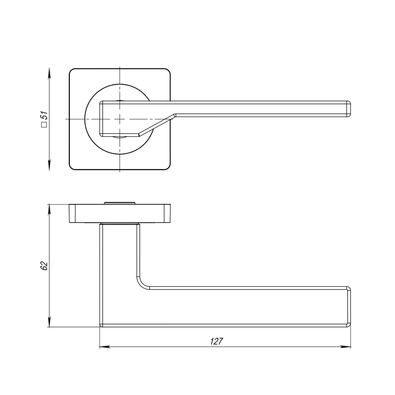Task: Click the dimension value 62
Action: pos(44,266)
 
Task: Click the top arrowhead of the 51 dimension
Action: pos(49,71)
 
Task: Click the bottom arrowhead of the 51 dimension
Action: pos(49,167)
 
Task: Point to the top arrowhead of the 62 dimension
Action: pos(49,208)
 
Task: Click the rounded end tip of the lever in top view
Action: pos(349,109)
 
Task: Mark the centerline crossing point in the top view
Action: pos(120,119)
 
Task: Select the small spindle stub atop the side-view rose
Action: pos(119,203)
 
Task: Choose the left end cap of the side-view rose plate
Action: pos(72,213)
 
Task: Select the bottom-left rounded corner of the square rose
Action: pos(73,166)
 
